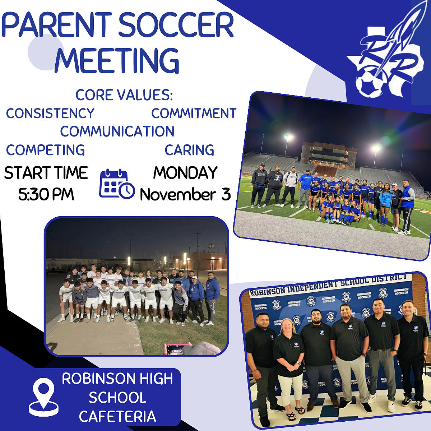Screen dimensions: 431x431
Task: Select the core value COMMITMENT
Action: [194, 113]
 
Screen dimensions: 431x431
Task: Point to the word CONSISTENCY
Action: [50, 113]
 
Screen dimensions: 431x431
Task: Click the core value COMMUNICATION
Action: [117, 131]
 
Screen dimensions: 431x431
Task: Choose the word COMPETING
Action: [45, 150]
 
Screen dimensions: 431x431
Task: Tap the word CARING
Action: [189, 150]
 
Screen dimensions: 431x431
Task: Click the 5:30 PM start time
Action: [46, 194]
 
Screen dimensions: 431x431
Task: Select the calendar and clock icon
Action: [117, 184]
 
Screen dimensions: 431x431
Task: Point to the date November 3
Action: [185, 195]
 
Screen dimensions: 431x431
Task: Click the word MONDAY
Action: [185, 173]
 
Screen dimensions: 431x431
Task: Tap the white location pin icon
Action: [43, 397]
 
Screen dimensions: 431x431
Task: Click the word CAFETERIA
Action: [117, 417]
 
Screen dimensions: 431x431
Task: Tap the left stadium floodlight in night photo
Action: [288, 137]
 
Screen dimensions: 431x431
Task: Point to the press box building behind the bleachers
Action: [324, 154]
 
